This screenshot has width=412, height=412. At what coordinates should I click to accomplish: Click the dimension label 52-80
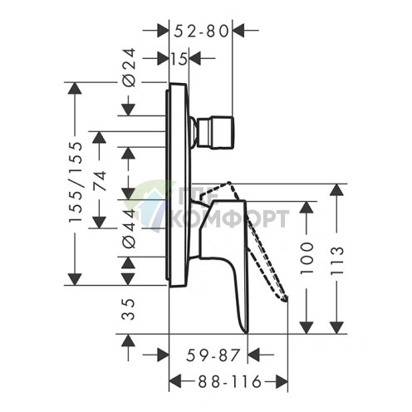tap(201, 31)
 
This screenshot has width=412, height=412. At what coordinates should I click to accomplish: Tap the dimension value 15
tap(179, 59)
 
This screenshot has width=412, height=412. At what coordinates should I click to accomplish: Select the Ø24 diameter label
tap(130, 67)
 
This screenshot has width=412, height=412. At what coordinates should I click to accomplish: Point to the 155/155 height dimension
tap(76, 182)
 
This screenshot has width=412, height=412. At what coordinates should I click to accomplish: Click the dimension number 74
tap(100, 181)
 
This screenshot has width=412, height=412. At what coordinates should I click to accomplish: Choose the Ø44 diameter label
tap(130, 228)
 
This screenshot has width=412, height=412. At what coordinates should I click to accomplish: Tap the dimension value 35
tap(129, 310)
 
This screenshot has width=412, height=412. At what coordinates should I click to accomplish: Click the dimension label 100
tap(307, 258)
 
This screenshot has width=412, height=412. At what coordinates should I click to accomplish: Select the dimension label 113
tap(337, 260)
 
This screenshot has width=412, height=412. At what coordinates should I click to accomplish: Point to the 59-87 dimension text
tap(213, 356)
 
